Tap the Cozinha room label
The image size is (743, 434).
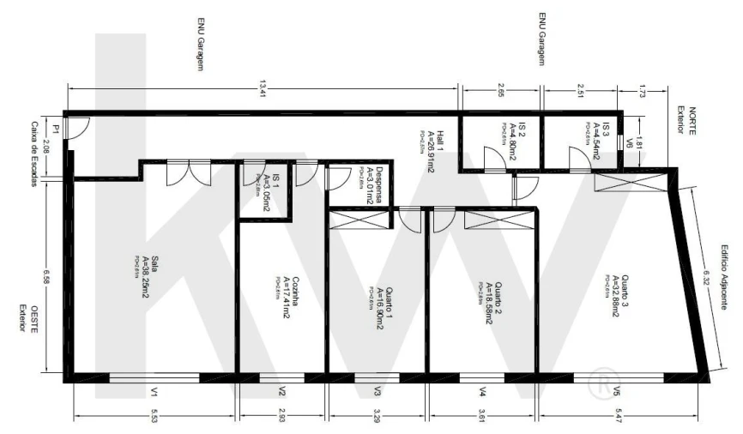(287, 298)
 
